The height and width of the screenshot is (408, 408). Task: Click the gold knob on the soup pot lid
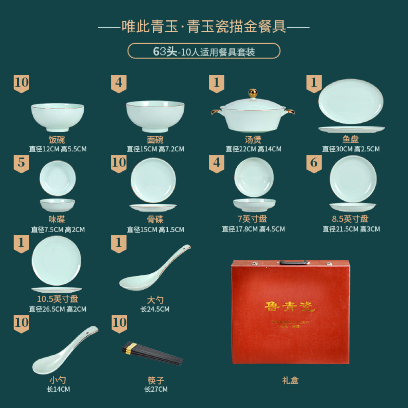253,93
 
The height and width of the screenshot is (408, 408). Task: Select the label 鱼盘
351,140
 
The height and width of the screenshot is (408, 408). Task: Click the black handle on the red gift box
293,263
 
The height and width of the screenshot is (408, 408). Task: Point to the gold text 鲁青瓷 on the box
290,306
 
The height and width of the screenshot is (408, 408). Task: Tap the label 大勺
155,300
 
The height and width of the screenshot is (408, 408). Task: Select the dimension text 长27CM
156,389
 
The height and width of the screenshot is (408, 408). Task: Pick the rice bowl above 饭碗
57,116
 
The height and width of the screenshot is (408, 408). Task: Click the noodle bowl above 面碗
155,115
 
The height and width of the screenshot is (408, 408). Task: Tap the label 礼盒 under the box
290,381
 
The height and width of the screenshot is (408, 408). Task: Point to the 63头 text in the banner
165,51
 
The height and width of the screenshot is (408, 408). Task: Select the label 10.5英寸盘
57,299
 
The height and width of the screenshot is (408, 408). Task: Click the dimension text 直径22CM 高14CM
253,149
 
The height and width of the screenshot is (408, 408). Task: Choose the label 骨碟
155,220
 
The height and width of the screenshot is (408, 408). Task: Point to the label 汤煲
253,140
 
